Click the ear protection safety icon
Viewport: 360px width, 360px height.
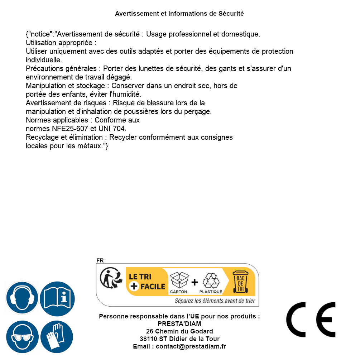[x=22, y=298]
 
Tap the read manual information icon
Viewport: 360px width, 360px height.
[x=57, y=298]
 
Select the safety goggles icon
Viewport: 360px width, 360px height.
[x=22, y=337]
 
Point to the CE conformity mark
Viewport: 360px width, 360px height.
[x=311, y=320]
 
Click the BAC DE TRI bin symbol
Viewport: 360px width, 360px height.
[x=240, y=281]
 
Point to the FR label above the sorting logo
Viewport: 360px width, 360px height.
[x=100, y=260]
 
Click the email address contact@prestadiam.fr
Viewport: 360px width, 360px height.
[x=191, y=346]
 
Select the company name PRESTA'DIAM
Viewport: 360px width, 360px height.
[x=179, y=324]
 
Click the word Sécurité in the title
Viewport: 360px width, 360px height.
[x=231, y=14]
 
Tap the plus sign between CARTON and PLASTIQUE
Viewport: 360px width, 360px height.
[x=195, y=282]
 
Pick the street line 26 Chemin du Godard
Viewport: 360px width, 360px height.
[x=179, y=331]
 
